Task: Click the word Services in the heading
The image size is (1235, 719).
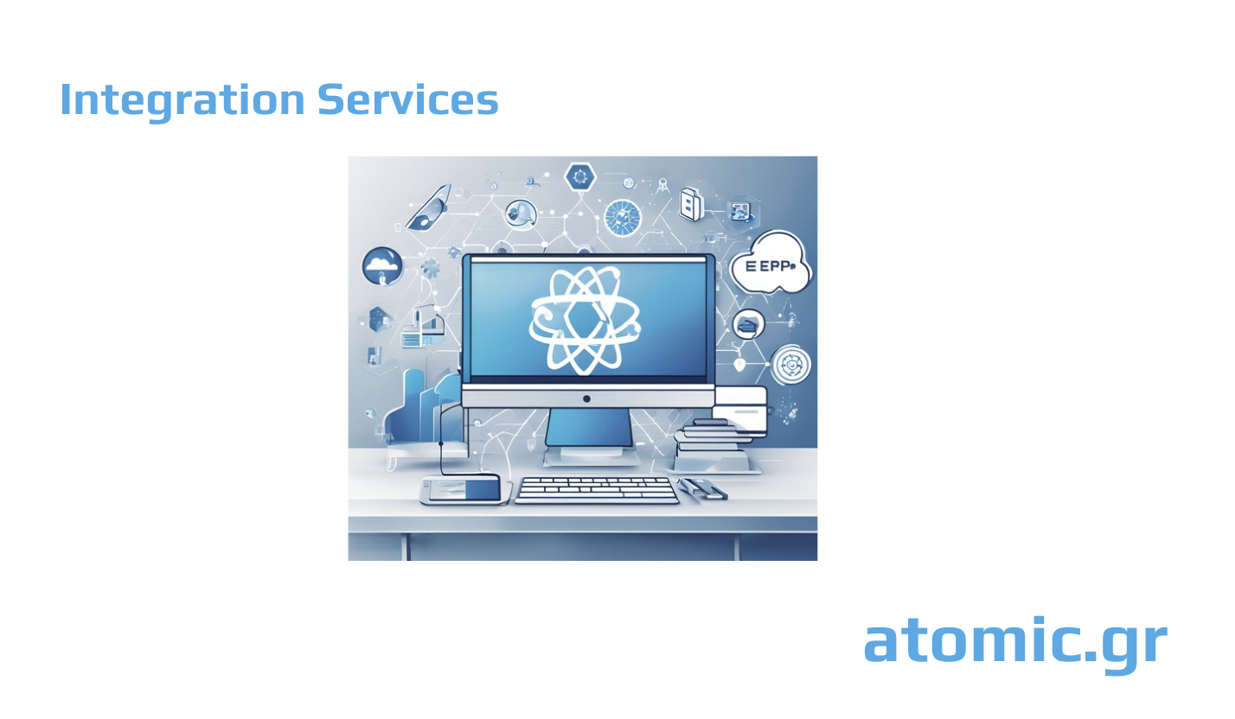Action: [x=407, y=100]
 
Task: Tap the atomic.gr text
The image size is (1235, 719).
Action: [x=1014, y=642]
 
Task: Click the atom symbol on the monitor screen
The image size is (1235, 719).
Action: [x=586, y=320]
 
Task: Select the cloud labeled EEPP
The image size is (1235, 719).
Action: [x=770, y=263]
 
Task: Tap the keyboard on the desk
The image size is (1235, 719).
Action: [x=597, y=490]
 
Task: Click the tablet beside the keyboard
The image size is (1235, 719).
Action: [x=460, y=490]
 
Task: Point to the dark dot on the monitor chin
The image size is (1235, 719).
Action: [x=586, y=398]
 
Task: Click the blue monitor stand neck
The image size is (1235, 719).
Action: [x=589, y=427]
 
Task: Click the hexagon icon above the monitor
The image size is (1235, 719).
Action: [x=579, y=177]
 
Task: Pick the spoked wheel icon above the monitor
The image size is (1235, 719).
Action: [x=623, y=217]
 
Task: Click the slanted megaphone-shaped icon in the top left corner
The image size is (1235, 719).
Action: [x=429, y=207]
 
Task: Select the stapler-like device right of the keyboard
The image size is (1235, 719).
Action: [x=703, y=489]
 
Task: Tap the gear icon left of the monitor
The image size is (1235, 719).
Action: [x=430, y=268]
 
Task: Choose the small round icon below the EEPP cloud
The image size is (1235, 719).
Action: [x=747, y=324]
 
